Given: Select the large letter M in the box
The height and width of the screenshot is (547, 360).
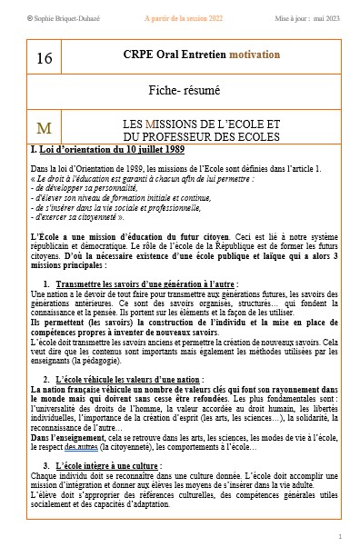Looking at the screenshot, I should [44, 126].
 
